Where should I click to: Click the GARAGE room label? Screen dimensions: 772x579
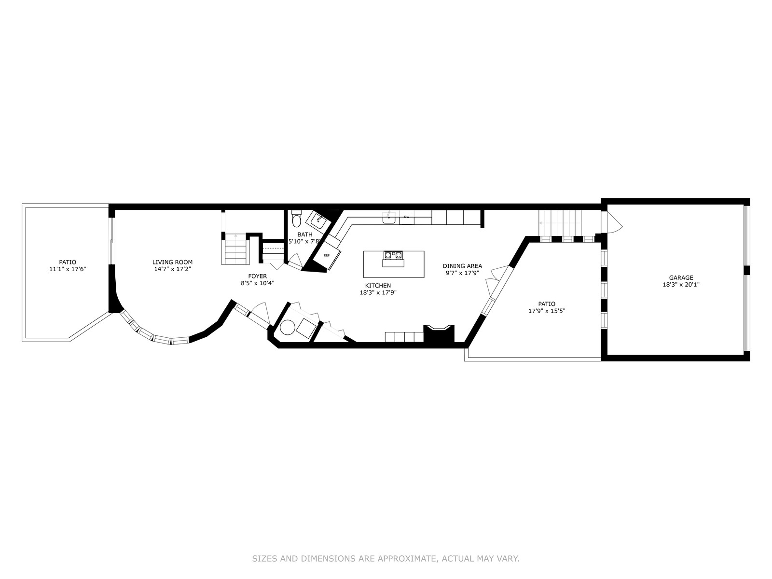click(x=681, y=278)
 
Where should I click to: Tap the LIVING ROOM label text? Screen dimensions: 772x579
click(x=172, y=262)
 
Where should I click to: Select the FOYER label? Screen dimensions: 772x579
click(x=258, y=276)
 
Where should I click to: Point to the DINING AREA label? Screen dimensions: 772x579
click(x=462, y=266)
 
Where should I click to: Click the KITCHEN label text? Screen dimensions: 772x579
click(x=378, y=286)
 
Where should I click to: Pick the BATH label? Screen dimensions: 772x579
click(x=304, y=234)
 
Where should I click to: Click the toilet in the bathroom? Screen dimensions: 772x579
click(x=296, y=219)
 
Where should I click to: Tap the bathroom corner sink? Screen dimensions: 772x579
click(x=317, y=220)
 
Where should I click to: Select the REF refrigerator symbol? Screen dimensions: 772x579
click(x=327, y=256)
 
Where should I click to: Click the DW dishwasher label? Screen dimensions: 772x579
click(x=407, y=217)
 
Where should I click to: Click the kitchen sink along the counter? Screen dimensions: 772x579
click(x=389, y=217)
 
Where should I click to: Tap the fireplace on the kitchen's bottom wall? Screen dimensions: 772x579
click(x=439, y=333)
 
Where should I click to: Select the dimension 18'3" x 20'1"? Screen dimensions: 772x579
click(x=681, y=285)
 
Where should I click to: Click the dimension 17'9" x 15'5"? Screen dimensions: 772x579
click(x=547, y=311)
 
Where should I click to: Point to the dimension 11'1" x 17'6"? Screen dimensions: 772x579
click(x=68, y=269)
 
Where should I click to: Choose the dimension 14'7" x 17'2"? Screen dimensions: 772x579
click(x=172, y=269)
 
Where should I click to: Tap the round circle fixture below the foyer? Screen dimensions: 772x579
click(x=287, y=328)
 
